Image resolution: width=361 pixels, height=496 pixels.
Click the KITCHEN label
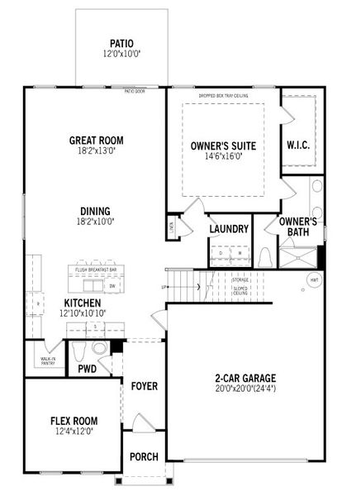[88, 303]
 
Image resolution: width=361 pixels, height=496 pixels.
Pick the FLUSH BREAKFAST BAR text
[96, 270]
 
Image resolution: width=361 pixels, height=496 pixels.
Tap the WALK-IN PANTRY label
[48, 360]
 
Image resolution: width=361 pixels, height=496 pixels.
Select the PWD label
[88, 369]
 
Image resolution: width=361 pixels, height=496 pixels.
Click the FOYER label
[144, 386]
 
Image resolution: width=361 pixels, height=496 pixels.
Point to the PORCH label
[144, 457]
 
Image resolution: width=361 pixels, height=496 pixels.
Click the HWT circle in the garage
[313, 281]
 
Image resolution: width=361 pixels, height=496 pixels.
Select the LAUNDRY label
[229, 229]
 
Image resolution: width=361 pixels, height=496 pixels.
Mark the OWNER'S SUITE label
[222, 146]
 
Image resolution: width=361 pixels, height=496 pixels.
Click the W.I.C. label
[298, 145]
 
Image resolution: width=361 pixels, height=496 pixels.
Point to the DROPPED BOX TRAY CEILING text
[222, 97]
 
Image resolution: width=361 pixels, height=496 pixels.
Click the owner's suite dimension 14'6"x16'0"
[222, 158]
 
